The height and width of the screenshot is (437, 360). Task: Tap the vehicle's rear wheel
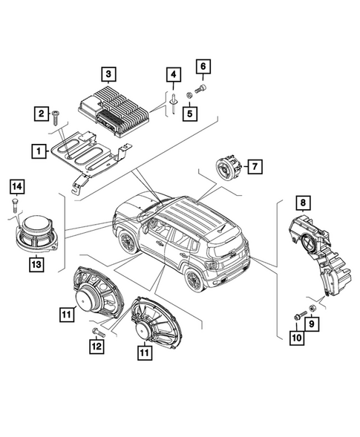pos(194,280)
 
